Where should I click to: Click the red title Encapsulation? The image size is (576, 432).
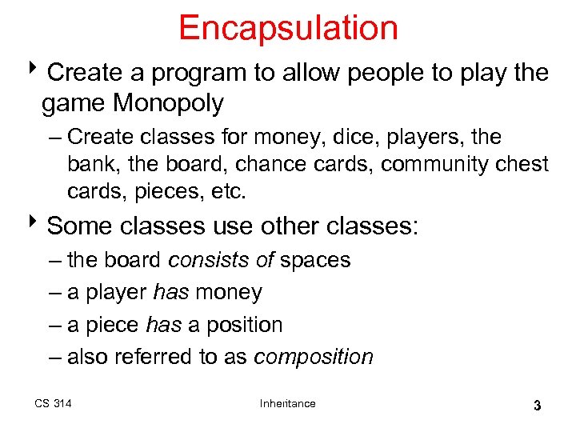pos(288,28)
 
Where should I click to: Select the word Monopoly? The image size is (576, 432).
pos(169,103)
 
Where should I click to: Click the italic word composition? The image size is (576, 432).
pos(314,357)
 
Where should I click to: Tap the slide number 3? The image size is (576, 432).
pos(537,406)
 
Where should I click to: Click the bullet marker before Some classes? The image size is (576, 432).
pos(38,226)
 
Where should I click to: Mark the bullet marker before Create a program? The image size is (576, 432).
pos(38,72)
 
